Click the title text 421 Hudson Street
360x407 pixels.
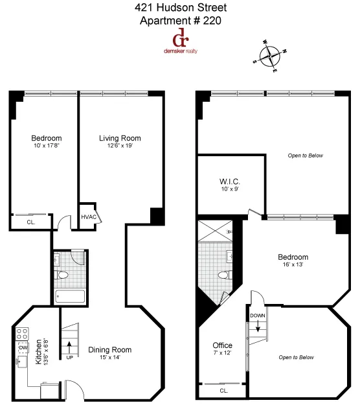[181, 8]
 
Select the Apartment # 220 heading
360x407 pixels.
[181, 20]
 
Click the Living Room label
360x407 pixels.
[120, 138]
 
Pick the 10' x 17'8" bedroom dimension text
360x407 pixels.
[47, 146]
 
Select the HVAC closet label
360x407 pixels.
[88, 217]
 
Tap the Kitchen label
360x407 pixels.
[39, 351]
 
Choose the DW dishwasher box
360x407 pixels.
[23, 348]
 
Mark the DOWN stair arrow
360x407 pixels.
[257, 321]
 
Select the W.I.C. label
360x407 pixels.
[230, 182]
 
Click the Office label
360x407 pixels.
[223, 345]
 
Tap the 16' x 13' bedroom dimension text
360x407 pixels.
[293, 265]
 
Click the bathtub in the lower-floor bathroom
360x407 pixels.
[70, 297]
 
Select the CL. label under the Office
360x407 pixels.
[224, 391]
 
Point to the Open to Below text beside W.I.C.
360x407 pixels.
[305, 156]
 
